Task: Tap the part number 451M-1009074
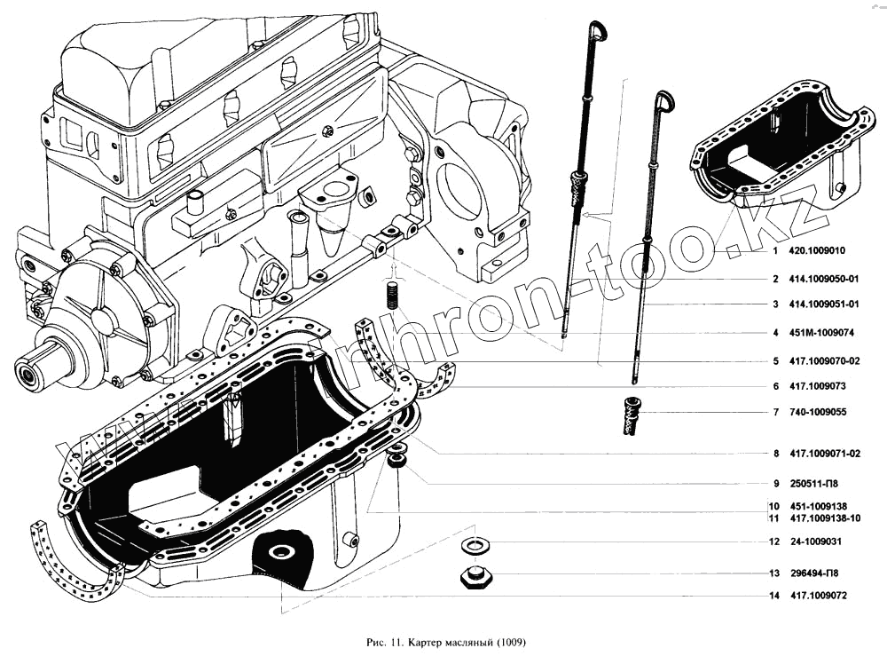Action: point(824,333)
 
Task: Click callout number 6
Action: point(774,387)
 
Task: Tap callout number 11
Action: point(773,518)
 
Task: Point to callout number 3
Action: point(774,304)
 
